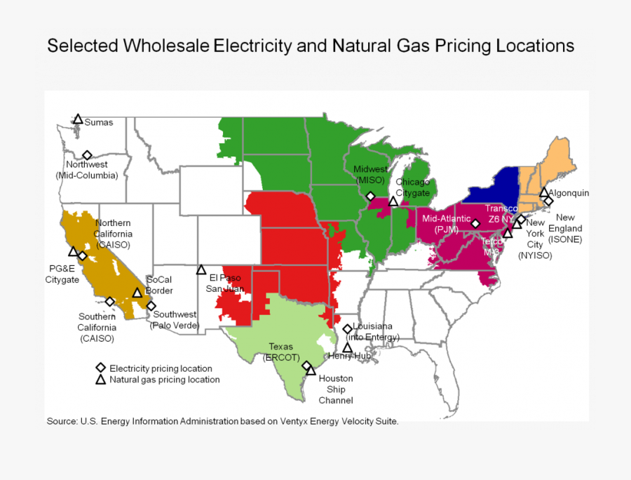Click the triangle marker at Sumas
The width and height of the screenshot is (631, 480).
(x=78, y=120)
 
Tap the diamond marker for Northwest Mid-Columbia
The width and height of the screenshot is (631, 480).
(x=87, y=155)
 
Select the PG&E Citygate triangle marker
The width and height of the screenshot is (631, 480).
(x=73, y=251)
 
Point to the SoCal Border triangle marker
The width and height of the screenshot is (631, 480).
(x=137, y=293)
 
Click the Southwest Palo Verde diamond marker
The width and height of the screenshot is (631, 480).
(x=151, y=305)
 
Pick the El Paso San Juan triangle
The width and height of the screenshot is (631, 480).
(x=201, y=269)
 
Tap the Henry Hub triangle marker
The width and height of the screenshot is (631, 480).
(x=347, y=347)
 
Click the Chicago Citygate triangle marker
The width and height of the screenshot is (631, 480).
(x=393, y=202)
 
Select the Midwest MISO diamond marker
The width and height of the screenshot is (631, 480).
(x=370, y=196)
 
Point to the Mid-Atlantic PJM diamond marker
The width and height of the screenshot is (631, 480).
(x=475, y=224)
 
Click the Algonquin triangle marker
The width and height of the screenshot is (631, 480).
(x=544, y=192)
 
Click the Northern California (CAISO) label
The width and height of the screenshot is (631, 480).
(x=114, y=234)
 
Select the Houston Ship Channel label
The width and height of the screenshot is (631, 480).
(x=336, y=389)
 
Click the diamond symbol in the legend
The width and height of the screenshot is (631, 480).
(x=100, y=368)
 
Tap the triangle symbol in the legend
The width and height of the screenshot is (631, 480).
(x=100, y=380)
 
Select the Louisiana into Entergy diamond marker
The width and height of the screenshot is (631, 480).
(x=347, y=328)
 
